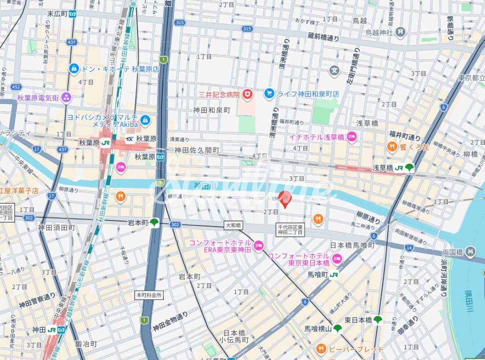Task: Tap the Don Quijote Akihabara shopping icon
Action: (74, 69)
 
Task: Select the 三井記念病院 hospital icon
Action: (248, 94)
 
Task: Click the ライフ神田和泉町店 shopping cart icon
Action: (269, 94)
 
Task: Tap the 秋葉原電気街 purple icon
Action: (66, 97)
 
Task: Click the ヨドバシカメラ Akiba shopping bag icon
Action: (145, 119)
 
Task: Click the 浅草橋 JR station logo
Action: (399, 168)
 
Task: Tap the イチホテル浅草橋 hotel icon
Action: (352, 137)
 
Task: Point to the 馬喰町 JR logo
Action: (334, 275)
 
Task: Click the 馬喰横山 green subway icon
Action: (338, 328)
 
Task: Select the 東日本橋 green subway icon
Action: (377, 320)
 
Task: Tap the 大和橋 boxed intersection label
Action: (233, 225)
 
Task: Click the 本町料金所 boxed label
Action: (149, 295)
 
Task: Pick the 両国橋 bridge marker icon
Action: (471, 251)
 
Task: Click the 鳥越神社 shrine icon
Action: (400, 32)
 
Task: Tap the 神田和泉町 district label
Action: (212, 110)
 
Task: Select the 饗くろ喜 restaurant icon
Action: (391, 147)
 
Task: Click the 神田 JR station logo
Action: (52, 330)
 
